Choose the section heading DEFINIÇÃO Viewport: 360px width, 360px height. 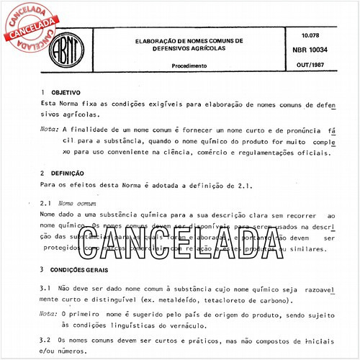[x=70, y=173]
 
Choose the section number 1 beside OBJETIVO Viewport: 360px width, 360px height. [x=43, y=93]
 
